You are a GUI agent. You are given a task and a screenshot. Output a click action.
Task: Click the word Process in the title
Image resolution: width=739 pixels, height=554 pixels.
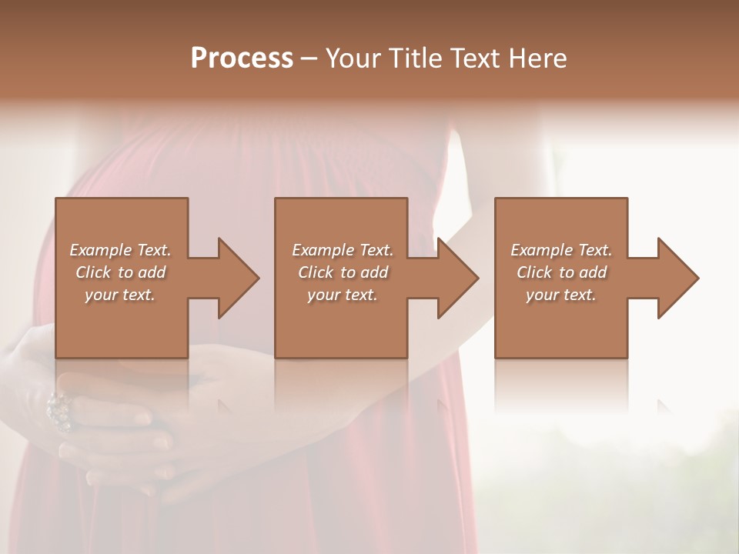click(x=242, y=58)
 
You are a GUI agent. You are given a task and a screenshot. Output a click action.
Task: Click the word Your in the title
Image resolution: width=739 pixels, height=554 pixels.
click(x=353, y=58)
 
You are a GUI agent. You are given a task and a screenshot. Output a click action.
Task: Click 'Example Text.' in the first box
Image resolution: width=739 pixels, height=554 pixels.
click(x=120, y=250)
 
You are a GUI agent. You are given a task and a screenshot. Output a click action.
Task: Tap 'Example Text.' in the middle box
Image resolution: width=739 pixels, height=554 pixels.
click(x=343, y=250)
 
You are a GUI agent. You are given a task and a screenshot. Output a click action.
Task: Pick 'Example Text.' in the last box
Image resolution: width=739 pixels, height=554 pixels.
click(x=561, y=250)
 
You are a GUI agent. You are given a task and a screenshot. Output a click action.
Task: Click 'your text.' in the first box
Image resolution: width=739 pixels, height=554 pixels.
click(x=120, y=295)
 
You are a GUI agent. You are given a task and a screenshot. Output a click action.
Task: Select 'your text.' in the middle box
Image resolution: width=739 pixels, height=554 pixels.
click(x=343, y=295)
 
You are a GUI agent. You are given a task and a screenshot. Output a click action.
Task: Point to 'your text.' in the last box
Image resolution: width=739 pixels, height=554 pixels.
click(x=561, y=295)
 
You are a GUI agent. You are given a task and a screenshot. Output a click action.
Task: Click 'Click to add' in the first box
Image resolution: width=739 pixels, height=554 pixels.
click(x=120, y=272)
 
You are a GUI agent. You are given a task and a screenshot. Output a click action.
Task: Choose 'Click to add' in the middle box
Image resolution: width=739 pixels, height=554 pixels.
click(x=343, y=272)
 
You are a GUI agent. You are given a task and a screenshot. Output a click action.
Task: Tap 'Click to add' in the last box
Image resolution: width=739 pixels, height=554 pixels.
click(x=561, y=272)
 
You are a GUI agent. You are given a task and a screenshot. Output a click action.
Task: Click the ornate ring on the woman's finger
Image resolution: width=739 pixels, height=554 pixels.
click(x=59, y=409)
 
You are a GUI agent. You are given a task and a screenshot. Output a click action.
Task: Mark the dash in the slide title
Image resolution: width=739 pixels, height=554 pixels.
click(x=309, y=58)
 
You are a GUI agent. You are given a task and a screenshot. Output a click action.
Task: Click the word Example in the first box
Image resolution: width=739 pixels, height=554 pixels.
click(x=101, y=250)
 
